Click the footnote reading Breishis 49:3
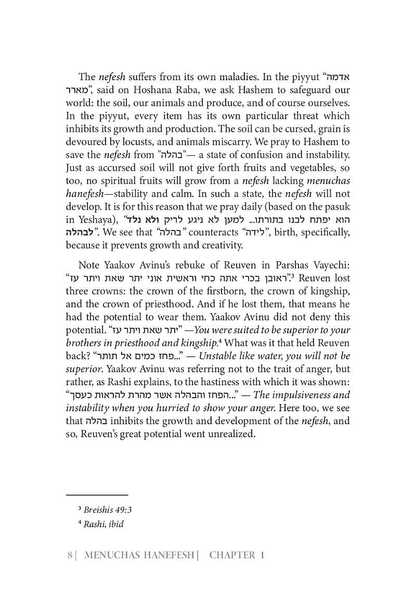tap(104, 510)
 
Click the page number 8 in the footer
tap(70, 555)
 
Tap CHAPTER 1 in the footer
tap(237, 555)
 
